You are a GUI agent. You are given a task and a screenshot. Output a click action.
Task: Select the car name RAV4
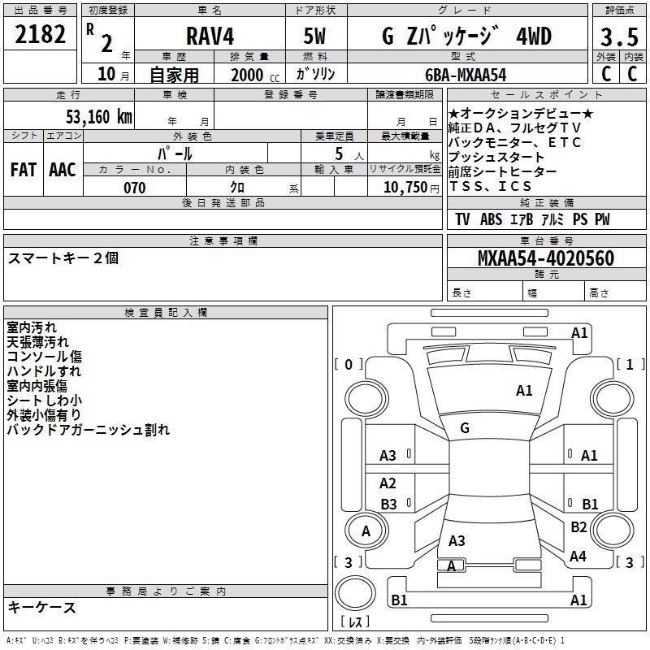coord(209,37)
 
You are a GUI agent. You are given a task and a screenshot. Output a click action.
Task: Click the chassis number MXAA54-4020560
coord(545,258)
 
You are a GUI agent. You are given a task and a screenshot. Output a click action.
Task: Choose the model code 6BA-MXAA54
coord(466,74)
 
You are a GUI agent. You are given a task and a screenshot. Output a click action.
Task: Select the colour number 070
coord(134,188)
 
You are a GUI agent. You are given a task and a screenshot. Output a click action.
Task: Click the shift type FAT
coord(24,169)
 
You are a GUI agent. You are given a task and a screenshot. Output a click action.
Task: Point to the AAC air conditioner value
coord(63,169)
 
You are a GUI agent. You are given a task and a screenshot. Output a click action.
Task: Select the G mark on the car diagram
coord(465,428)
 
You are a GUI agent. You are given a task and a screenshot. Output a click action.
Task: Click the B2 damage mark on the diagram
coord(578,527)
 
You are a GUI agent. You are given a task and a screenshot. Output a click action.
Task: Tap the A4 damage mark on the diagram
coord(578,557)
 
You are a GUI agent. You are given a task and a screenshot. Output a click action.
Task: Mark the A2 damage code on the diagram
coord(388,483)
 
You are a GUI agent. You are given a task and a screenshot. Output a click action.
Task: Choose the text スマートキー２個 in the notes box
coord(63,258)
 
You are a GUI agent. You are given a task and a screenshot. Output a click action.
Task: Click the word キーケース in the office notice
coord(41,607)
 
